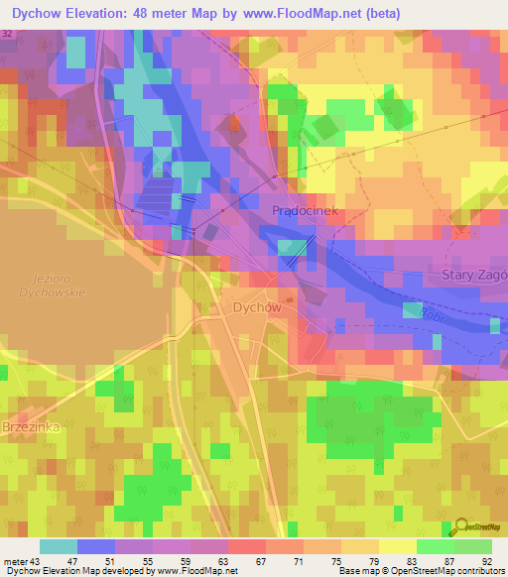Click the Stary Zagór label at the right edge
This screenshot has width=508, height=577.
475,274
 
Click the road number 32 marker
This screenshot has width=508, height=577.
8,34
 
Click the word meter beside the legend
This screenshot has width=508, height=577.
14,560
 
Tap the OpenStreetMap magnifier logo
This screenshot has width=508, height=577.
459,526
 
